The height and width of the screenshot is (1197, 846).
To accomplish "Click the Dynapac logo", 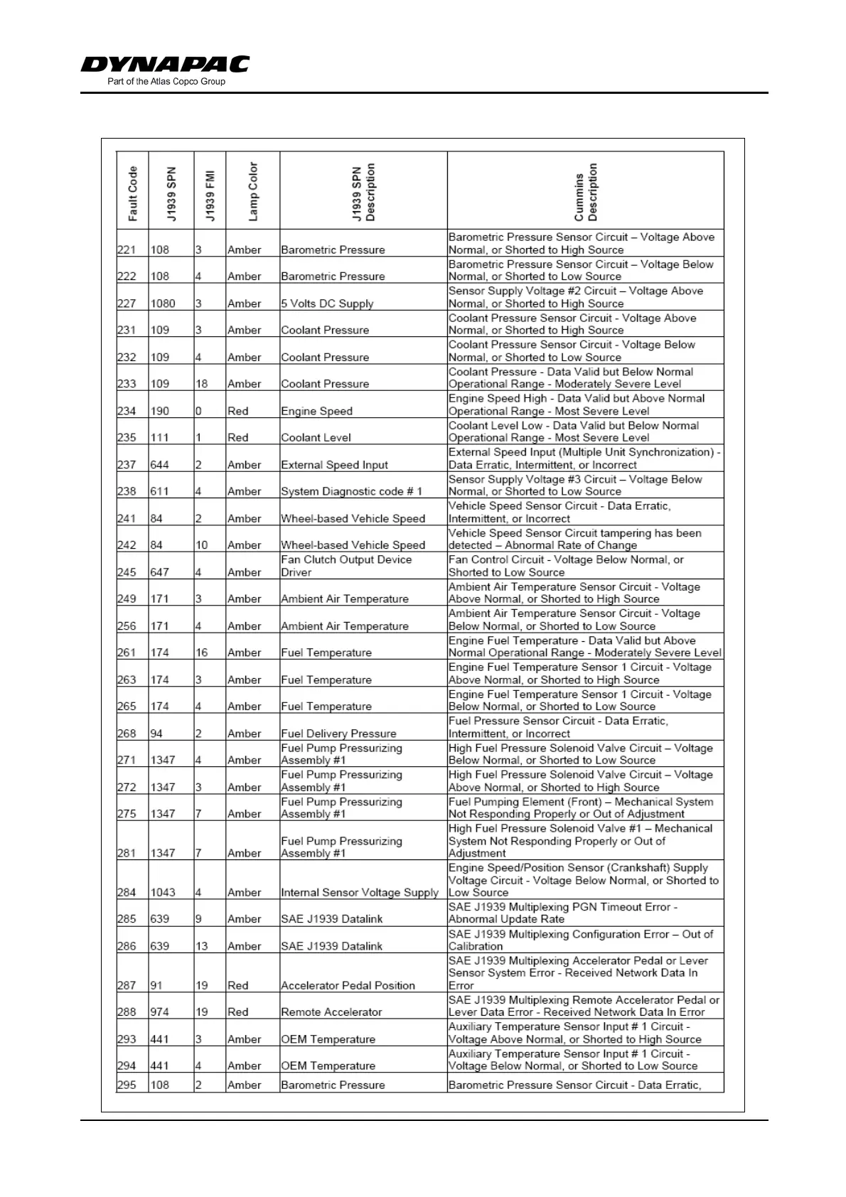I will tap(165, 64).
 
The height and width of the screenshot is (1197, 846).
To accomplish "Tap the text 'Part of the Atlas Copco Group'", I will tap(166, 82).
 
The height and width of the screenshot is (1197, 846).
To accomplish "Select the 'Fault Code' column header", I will tap(133, 193).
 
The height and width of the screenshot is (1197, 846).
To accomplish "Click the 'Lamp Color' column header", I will tap(253, 192).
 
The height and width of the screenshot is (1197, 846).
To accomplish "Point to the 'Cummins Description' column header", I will tap(586, 193).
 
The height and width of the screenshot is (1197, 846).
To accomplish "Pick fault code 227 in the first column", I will tap(127, 304).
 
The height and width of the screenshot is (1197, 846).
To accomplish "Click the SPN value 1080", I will tap(163, 304).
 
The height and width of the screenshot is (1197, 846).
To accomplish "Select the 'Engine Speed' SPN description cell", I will tap(316, 411).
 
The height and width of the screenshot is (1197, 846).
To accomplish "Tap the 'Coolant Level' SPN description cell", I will tap(316, 438).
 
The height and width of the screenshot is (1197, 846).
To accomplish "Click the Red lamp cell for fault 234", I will tap(238, 411).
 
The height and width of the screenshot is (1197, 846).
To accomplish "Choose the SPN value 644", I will tap(160, 465).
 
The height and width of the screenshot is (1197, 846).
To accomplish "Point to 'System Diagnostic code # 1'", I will tap(351, 491).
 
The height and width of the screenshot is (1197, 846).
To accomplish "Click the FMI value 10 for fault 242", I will tap(202, 545).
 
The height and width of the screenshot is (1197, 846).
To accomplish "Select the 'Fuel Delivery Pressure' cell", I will tap(338, 734).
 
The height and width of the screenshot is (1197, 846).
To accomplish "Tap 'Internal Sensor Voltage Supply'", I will tap(359, 893).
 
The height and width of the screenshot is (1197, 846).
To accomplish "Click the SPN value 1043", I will tap(163, 893).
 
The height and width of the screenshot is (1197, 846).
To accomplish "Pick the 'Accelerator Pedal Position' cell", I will tap(348, 986).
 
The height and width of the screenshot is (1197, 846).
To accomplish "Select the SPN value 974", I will tap(160, 1012).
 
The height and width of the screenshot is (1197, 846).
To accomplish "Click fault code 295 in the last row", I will tap(127, 1085).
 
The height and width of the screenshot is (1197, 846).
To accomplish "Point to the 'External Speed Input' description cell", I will tap(334, 465).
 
